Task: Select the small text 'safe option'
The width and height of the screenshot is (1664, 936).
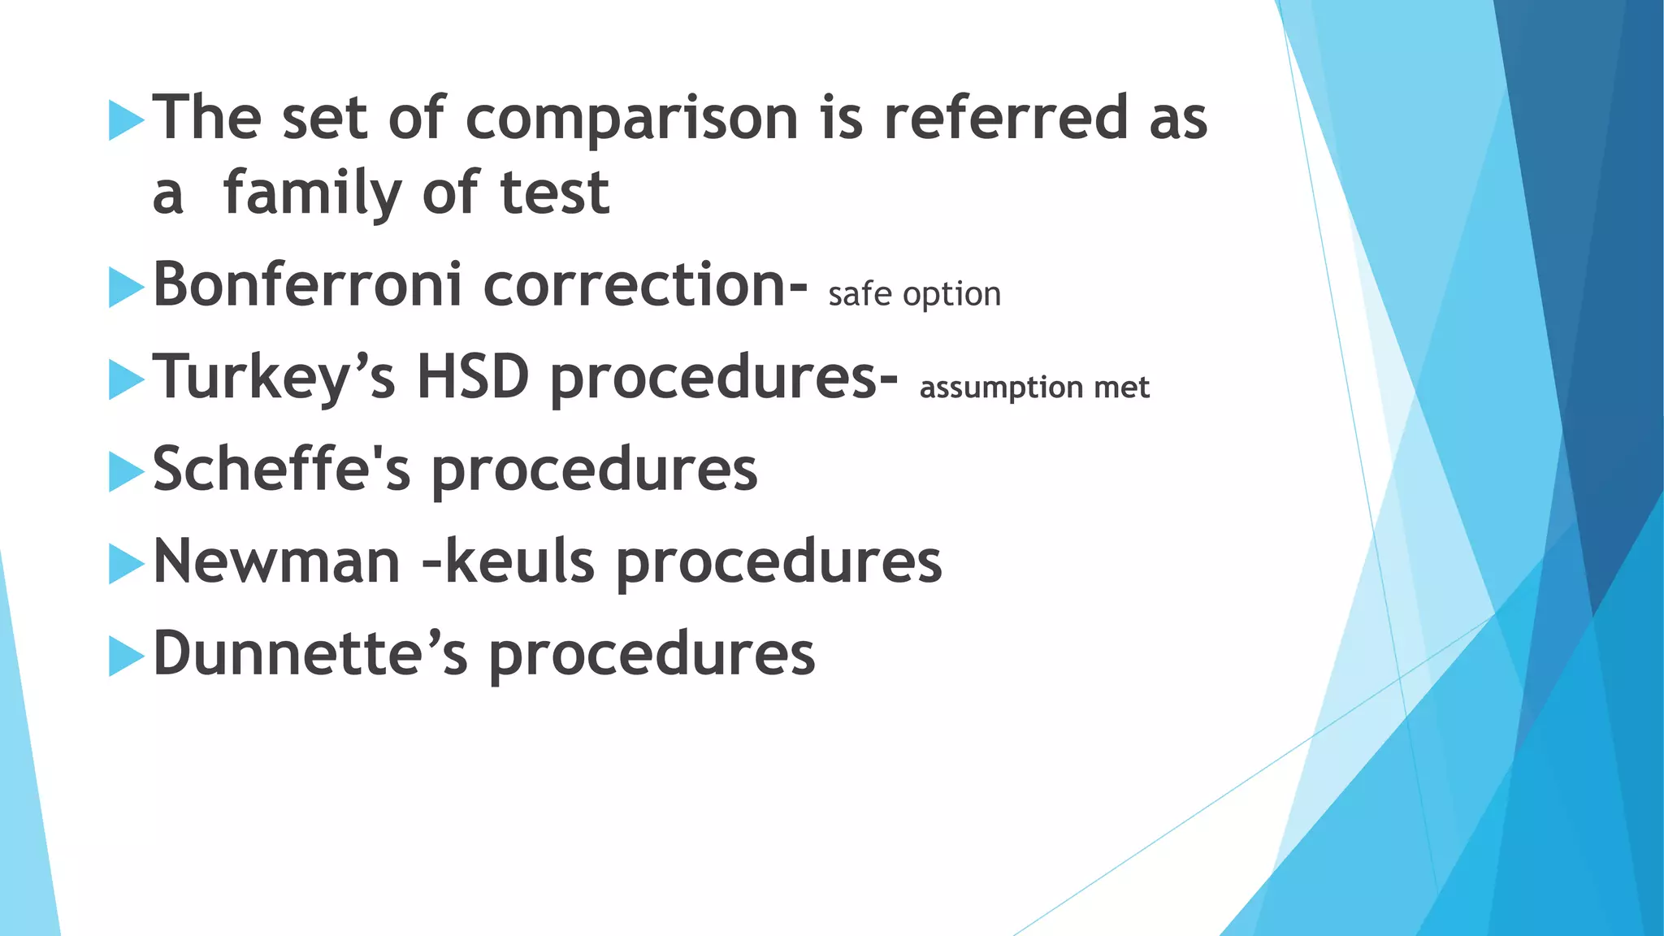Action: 914,295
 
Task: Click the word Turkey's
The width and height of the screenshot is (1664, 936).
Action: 275,378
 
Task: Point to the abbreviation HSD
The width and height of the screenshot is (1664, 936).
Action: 473,378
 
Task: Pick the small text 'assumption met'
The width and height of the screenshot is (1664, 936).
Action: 1033,388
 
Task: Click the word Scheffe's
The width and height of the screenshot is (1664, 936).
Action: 282,469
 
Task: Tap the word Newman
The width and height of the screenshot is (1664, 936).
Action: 277,561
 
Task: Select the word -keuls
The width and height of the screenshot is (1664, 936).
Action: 509,561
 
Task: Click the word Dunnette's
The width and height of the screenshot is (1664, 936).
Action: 310,653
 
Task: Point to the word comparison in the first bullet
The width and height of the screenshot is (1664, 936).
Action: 632,118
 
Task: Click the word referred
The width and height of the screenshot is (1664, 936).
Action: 1006,118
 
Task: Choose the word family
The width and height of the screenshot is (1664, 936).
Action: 312,193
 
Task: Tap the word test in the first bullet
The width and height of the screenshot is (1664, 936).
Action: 554,193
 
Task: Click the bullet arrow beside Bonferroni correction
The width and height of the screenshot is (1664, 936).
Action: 126,287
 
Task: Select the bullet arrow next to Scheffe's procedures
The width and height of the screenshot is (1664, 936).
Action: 126,471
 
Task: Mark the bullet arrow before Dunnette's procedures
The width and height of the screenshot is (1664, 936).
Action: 126,656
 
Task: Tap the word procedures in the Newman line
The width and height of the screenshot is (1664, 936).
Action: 778,563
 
